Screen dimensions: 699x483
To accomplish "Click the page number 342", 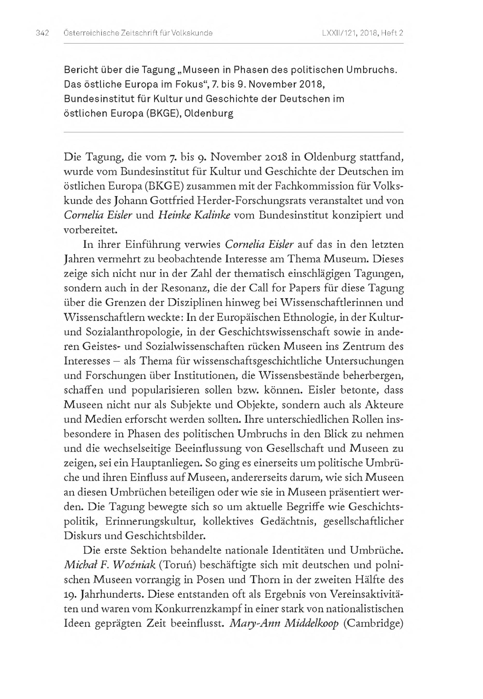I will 42,33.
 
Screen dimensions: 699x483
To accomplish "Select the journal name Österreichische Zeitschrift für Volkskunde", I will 138,33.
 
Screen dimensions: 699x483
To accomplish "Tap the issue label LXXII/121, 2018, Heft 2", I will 363,33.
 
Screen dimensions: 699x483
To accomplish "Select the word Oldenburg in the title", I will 209,114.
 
